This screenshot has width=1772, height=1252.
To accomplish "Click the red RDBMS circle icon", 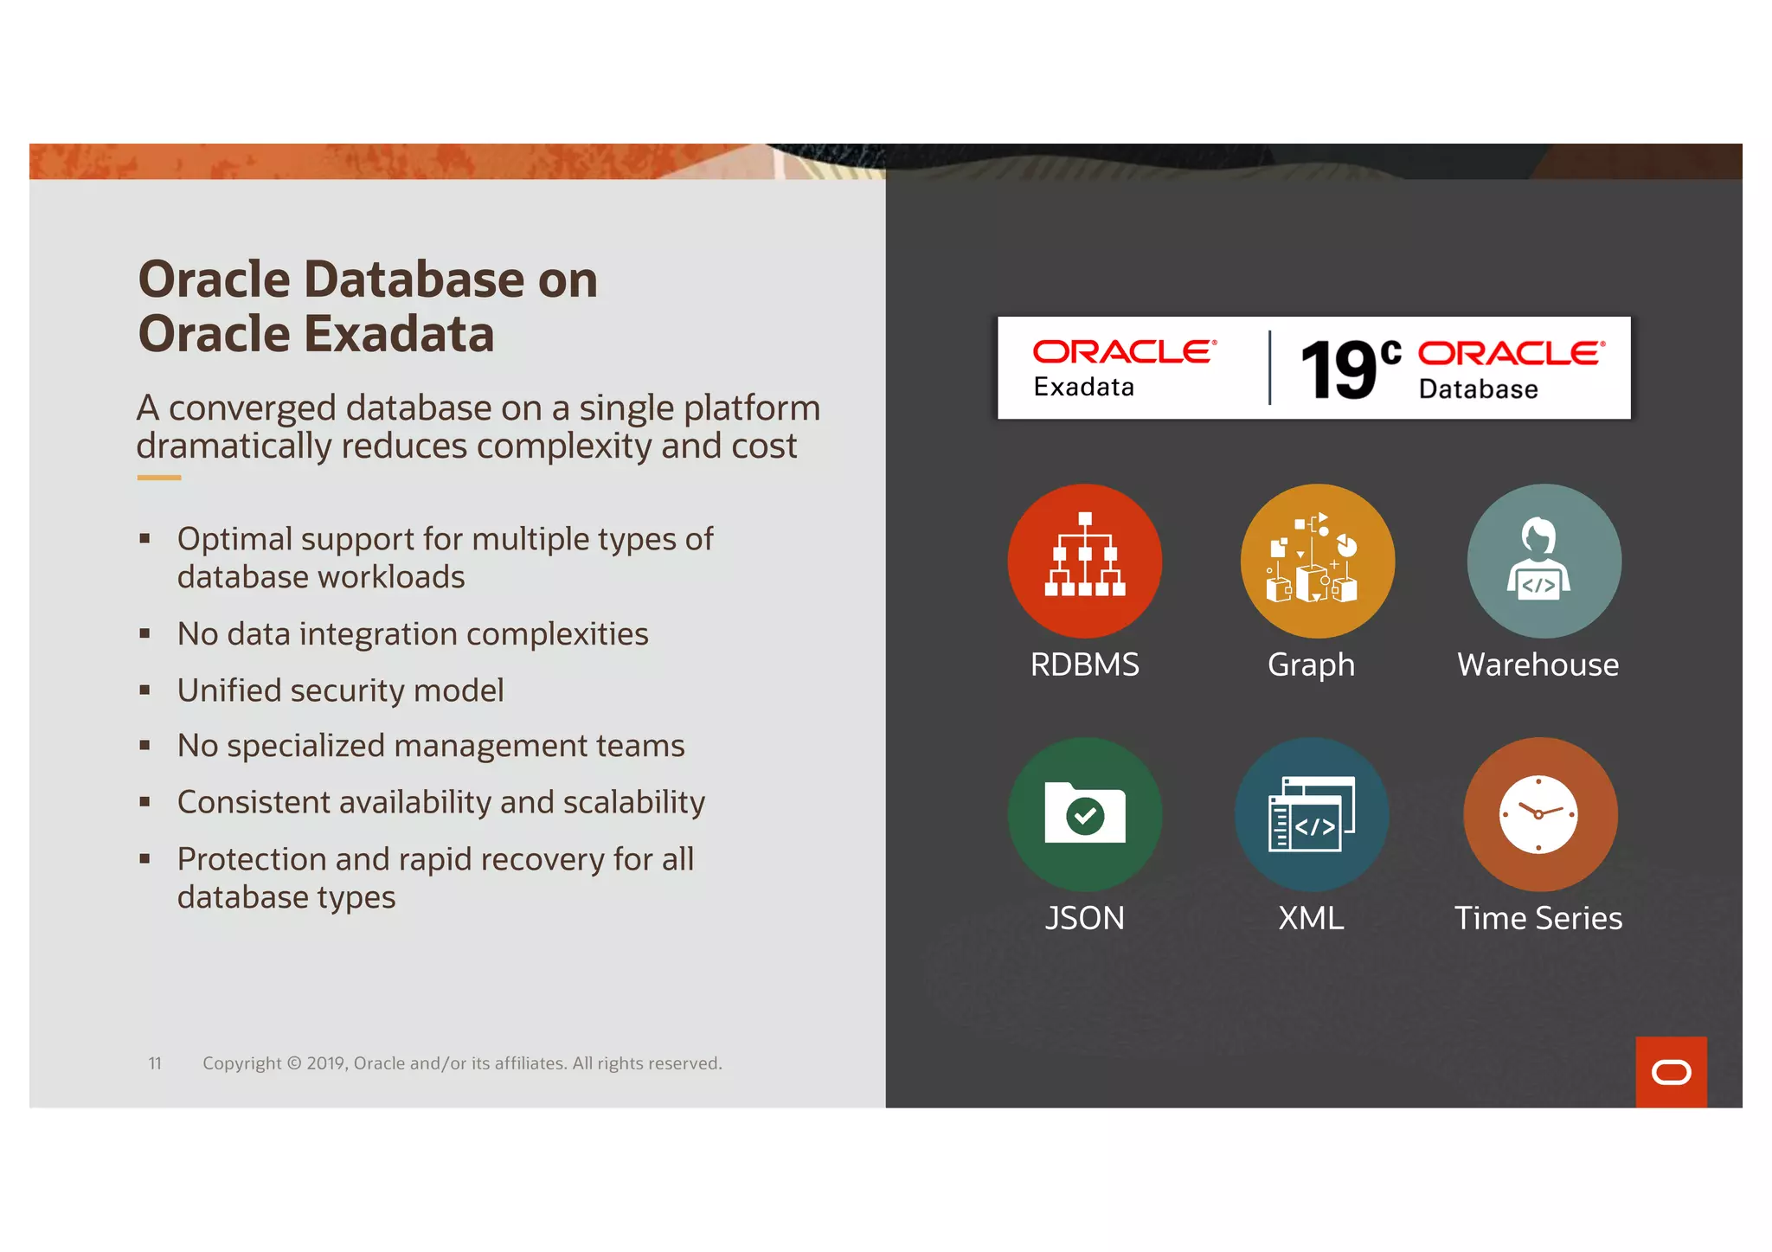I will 1084,561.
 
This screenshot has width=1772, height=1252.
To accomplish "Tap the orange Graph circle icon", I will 1317,561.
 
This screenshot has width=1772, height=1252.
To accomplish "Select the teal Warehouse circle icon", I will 1544,561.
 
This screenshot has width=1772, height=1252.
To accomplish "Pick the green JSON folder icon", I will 1084,814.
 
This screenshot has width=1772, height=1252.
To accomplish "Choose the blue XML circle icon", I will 1312,814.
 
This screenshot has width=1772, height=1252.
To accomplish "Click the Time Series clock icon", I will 1539,814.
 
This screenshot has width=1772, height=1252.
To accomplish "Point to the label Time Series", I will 1538,918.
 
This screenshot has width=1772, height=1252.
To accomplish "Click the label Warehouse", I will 1538,665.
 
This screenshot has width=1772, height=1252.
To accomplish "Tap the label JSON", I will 1084,918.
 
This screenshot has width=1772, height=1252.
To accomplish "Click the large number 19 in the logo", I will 1339,370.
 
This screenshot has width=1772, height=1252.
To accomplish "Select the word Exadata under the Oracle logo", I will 1083,387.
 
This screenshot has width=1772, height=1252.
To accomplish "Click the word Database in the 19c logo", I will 1478,389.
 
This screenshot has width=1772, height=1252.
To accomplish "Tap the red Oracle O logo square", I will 1671,1072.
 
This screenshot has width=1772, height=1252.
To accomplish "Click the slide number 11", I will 155,1063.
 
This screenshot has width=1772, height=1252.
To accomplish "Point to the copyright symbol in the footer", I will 294,1063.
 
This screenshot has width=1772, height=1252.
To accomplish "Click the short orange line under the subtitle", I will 159,477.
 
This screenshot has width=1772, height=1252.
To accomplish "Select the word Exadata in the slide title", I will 400,334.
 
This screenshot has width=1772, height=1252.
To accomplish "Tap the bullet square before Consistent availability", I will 144,802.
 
